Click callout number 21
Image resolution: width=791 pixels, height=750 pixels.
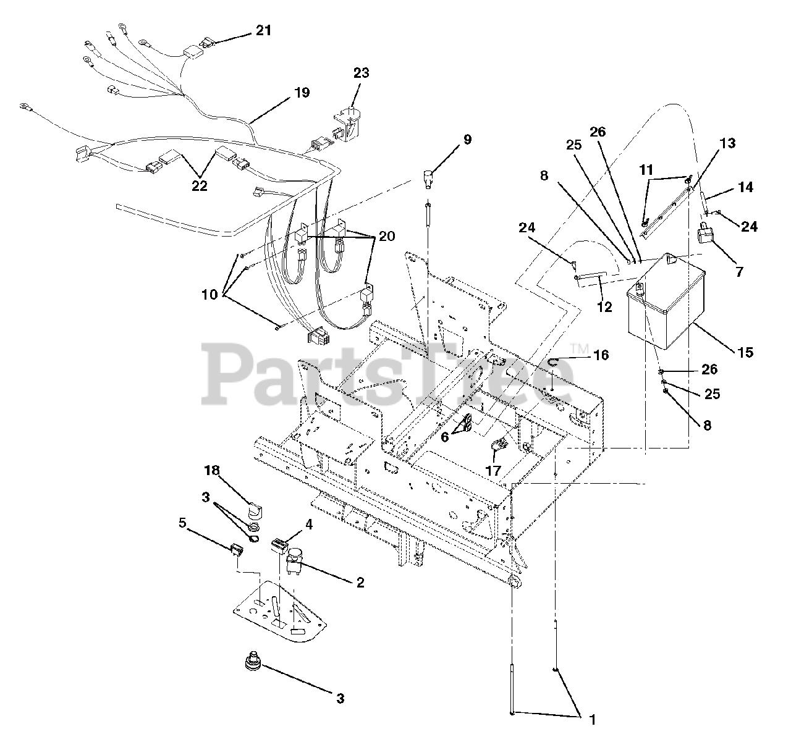click(263, 30)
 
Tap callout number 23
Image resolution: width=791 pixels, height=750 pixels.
click(361, 73)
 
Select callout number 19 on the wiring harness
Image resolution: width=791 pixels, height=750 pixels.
click(302, 93)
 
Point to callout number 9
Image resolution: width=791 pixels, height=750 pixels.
click(467, 139)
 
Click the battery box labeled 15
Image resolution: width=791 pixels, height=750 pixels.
click(664, 303)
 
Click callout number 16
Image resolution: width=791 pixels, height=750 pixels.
click(600, 355)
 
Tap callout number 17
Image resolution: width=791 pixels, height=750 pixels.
click(493, 470)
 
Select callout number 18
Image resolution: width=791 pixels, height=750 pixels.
click(212, 471)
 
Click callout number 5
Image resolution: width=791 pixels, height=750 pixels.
click(182, 522)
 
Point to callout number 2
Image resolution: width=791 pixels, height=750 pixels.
click(360, 582)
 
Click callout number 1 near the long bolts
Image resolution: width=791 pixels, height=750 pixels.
click(593, 719)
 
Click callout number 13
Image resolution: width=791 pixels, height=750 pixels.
click(727, 143)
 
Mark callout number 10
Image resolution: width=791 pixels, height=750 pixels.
click(210, 294)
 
